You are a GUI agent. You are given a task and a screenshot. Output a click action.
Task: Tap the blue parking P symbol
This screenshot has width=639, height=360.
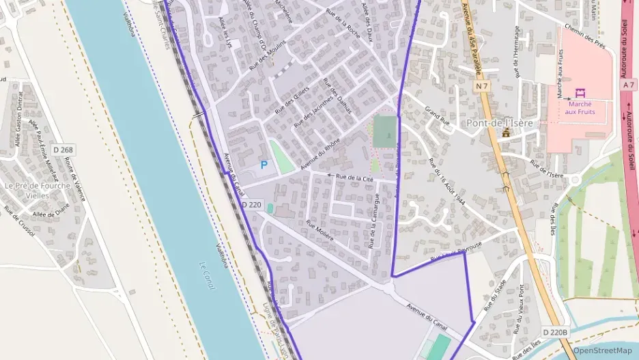click(264, 165)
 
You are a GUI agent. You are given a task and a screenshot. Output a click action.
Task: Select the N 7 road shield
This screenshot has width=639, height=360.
click(482, 86)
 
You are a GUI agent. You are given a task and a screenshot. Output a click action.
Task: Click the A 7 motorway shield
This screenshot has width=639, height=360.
click(629, 83)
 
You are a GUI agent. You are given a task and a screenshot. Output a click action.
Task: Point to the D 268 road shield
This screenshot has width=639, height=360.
click(62, 150)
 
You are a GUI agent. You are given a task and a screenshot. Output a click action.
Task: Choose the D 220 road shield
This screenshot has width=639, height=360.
click(251, 204)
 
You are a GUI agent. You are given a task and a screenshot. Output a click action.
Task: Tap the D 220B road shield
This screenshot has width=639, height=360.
click(555, 332)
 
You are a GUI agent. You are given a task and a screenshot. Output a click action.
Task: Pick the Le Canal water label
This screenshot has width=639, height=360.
click(206, 275)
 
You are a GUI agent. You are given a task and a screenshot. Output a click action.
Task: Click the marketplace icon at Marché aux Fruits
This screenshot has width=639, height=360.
click(580, 93)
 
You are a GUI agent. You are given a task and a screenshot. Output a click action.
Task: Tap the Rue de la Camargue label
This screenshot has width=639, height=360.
click(374, 220)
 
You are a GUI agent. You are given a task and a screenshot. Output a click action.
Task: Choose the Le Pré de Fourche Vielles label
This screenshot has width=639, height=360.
click(37, 190)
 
